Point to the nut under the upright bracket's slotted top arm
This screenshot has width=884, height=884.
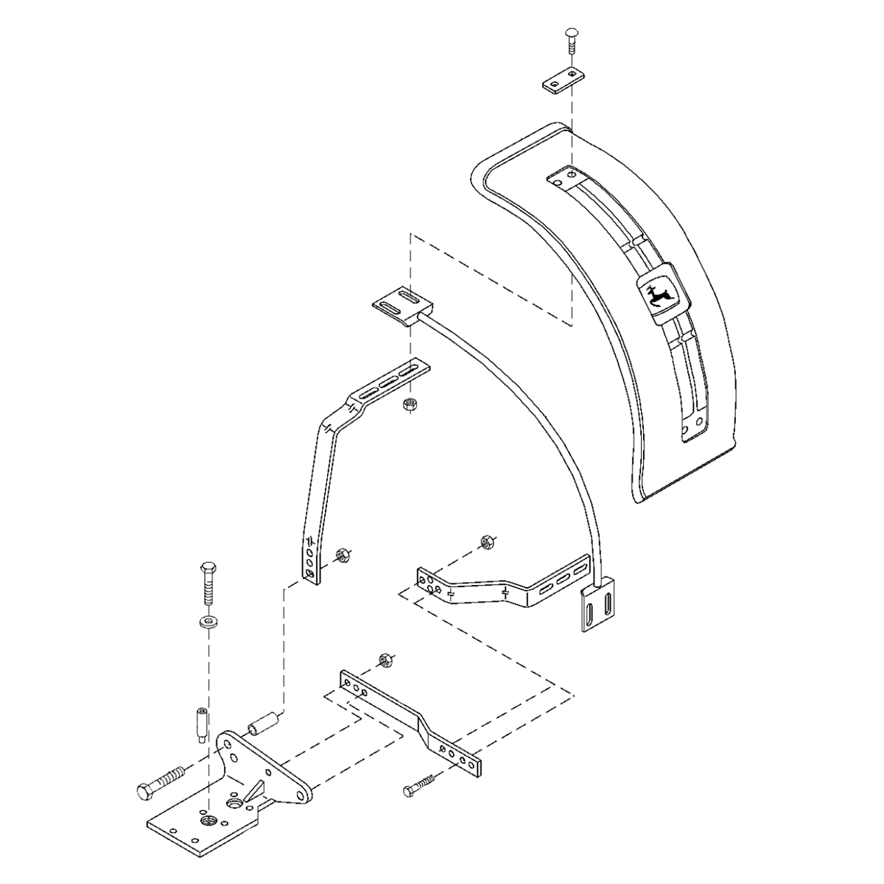[x=409, y=404]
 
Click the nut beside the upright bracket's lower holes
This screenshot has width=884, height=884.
[x=341, y=554]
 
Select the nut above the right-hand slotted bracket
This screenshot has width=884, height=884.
[x=485, y=542]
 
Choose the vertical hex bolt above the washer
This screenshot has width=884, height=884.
[x=208, y=583]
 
